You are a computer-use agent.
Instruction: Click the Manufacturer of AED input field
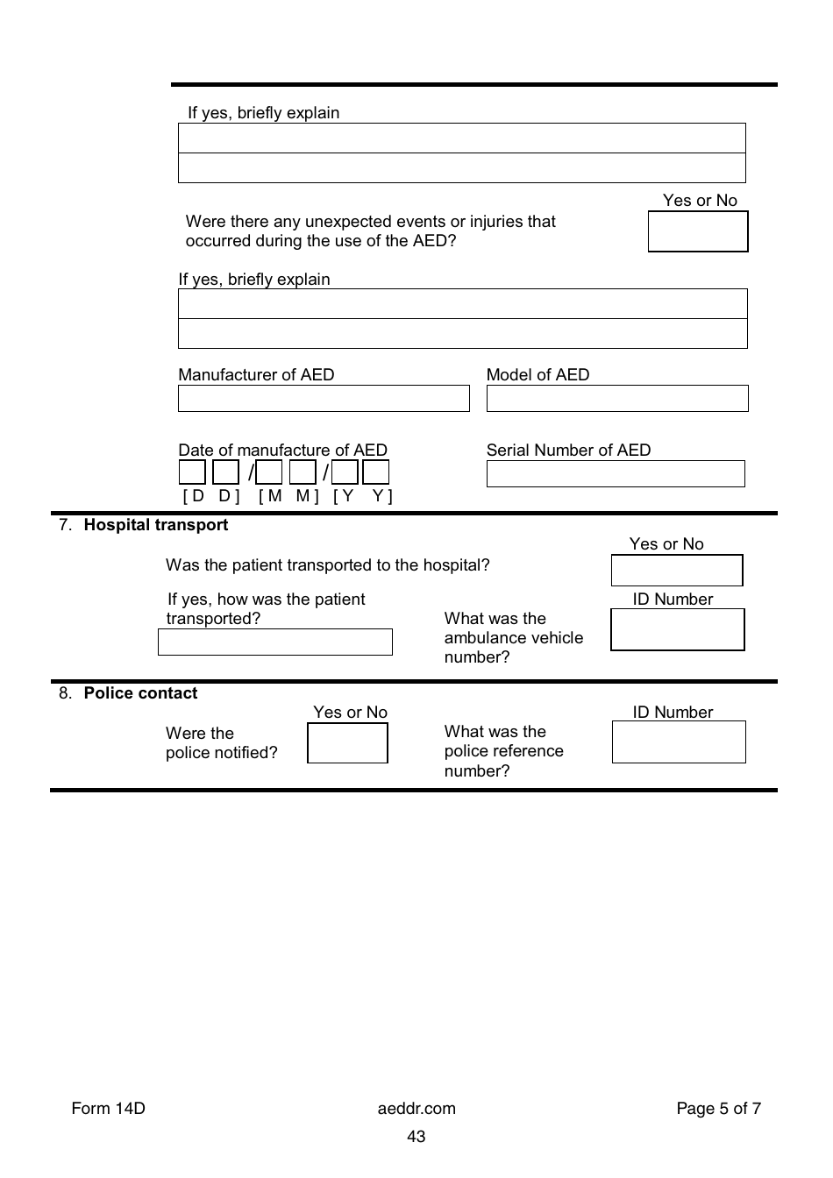click(x=324, y=399)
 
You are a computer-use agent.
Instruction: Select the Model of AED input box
click(x=616, y=399)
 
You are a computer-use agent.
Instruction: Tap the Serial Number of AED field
click(x=616, y=474)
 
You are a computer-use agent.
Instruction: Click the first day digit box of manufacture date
click(x=192, y=473)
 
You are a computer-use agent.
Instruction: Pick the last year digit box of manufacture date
click(x=376, y=473)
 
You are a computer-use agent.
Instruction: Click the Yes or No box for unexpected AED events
click(x=698, y=232)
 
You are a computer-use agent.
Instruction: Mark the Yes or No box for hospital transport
click(x=676, y=571)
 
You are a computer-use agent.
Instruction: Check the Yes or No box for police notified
click(x=347, y=743)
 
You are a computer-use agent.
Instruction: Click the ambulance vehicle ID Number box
click(x=677, y=630)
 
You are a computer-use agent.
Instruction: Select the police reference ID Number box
click(x=679, y=742)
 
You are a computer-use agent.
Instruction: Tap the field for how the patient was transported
click(x=274, y=642)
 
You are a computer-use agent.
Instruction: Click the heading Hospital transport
click(x=155, y=525)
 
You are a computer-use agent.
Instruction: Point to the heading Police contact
click(x=140, y=693)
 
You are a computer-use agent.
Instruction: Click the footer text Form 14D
click(x=108, y=1109)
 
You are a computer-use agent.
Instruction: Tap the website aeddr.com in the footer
click(x=416, y=1109)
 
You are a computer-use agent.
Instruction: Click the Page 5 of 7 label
click(x=718, y=1109)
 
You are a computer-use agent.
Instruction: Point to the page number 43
click(x=416, y=1137)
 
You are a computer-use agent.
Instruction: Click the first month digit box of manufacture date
click(x=269, y=473)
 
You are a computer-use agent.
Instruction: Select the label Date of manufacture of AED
click(x=282, y=450)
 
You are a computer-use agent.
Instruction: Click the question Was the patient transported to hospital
click(x=327, y=565)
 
